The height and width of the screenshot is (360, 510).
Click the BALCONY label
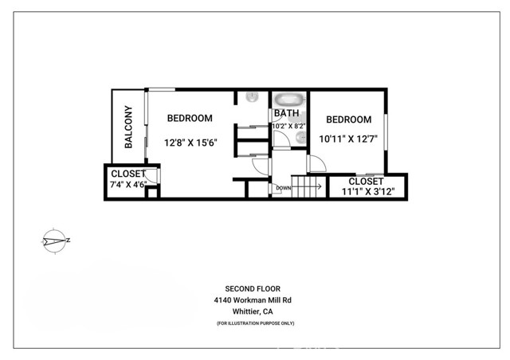[x=129, y=127]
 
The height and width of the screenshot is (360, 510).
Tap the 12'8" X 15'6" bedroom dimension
[x=190, y=143]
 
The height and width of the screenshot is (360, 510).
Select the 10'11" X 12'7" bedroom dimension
[x=348, y=139]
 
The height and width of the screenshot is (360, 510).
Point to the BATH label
[x=286, y=113]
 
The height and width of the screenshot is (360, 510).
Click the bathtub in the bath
[x=289, y=100]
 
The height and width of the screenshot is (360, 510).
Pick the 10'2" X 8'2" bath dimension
[x=288, y=126]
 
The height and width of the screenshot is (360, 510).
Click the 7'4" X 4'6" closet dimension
[x=128, y=185]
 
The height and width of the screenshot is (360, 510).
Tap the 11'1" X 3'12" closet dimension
[x=368, y=191]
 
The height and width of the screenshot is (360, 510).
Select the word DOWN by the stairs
[x=284, y=188]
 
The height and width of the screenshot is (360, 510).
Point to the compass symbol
[x=55, y=241]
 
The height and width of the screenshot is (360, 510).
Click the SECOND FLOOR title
[x=253, y=289]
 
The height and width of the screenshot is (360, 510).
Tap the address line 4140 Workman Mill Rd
[x=253, y=300]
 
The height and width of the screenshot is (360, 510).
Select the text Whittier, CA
[x=253, y=311]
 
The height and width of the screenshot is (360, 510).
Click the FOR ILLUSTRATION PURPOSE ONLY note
[x=255, y=323]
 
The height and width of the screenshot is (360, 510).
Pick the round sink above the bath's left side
[x=252, y=97]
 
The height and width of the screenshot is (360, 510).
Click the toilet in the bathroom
[x=301, y=139]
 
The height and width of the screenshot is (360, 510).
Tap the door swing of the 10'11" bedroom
[x=317, y=163]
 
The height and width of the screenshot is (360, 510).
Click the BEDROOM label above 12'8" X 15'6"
[x=190, y=118]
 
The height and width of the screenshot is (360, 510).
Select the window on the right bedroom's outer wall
[x=386, y=132]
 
